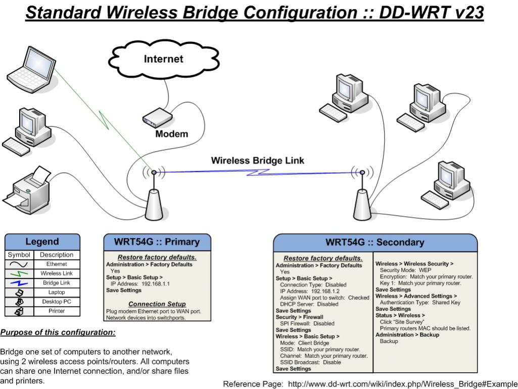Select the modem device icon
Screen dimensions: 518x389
point(158,118)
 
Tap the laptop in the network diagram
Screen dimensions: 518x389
point(32,70)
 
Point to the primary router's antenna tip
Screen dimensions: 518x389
point(154,172)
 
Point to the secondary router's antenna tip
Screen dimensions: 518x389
point(362,172)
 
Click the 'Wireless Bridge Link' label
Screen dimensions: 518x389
point(257,161)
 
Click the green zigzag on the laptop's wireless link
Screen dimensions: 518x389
point(104,120)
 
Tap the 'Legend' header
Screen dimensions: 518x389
point(42,241)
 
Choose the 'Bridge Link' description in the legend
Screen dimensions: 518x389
point(57,283)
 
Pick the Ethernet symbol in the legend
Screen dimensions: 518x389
point(19,264)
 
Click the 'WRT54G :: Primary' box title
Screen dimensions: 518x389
point(157,241)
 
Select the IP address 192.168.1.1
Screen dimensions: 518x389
point(156,283)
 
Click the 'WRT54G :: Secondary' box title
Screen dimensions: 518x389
point(375,242)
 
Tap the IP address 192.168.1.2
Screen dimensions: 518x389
point(325,291)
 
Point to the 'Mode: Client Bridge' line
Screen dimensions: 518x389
point(304,343)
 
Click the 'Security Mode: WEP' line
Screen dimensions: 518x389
point(405,270)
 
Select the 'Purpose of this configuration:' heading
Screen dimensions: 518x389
point(58,332)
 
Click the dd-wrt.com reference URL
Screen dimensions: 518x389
point(403,384)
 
